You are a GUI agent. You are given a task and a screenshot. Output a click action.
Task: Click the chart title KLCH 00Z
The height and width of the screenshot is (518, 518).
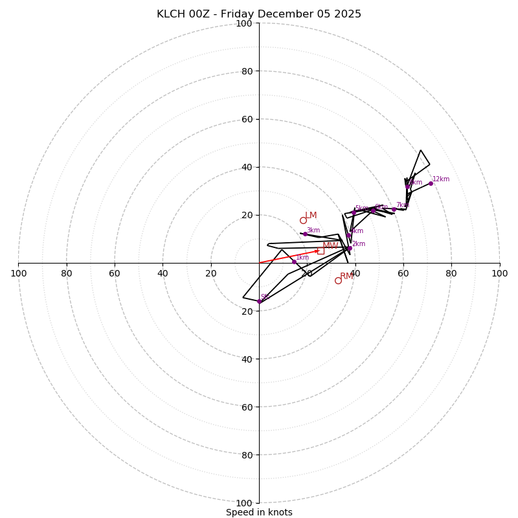259,14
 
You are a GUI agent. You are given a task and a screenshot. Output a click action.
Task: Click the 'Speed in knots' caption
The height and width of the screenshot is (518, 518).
259,512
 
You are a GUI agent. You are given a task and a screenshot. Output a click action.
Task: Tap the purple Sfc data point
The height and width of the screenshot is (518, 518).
259,301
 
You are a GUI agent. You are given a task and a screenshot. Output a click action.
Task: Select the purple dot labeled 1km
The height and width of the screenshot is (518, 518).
294,262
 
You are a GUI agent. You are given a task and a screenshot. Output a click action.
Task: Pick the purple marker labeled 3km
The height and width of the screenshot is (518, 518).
305,234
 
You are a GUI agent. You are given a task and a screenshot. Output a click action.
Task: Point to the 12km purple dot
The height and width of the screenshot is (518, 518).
431,183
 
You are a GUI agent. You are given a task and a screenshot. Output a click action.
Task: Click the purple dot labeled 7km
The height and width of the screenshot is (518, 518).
394,209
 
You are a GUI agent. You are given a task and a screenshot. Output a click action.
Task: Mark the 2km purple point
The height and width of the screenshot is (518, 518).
350,248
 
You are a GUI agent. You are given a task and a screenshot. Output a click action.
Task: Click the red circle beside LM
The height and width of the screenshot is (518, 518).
303,220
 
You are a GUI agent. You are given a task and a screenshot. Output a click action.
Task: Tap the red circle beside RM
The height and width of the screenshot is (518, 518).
338,280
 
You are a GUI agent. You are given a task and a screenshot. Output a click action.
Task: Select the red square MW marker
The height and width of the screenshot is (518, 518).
321,251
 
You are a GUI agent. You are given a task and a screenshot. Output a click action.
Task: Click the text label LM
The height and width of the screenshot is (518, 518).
311,215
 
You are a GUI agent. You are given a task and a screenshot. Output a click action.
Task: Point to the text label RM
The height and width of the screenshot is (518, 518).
346,276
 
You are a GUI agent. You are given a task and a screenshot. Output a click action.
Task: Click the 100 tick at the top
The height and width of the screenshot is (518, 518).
243,23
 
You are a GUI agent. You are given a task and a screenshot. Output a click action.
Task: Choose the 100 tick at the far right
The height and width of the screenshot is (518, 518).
499,273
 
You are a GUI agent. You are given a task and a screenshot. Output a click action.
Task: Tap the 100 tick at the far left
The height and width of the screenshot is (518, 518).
19,273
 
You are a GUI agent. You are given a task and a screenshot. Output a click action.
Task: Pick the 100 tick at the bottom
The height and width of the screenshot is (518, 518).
243,502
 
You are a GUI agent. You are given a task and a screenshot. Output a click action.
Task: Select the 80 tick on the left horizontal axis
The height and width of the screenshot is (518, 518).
67,273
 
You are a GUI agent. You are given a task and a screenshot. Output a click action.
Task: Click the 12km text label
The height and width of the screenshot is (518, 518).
441,179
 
